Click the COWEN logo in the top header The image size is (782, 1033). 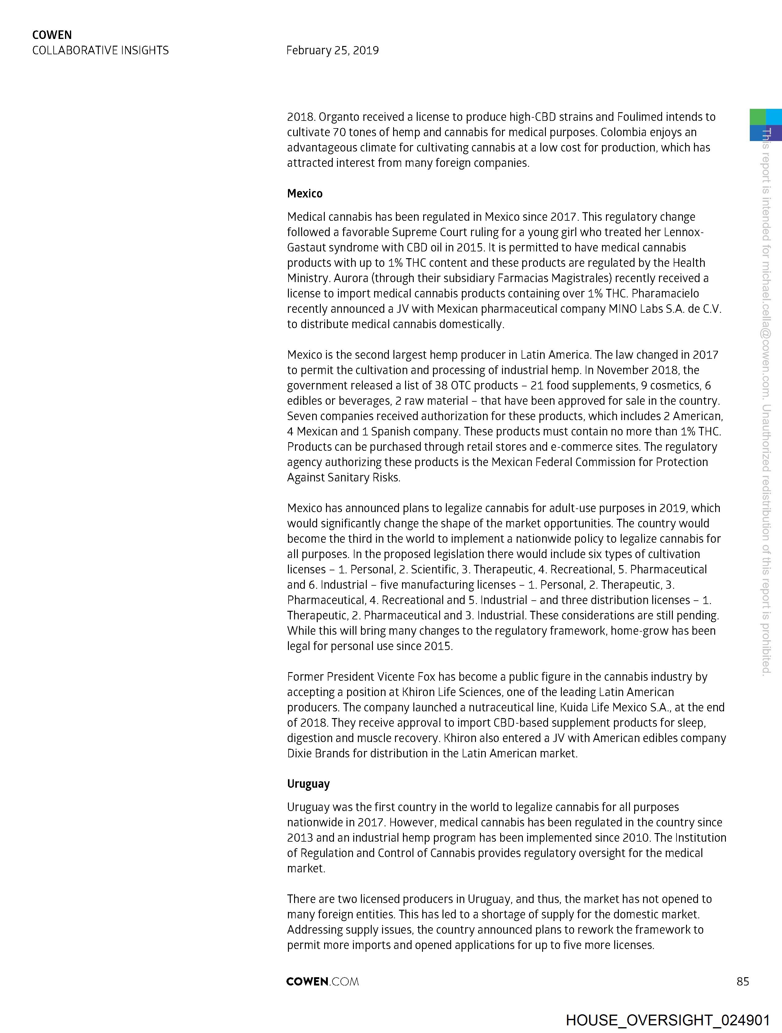coord(52,35)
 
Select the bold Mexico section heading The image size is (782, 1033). coord(305,194)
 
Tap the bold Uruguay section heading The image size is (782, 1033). coord(308,784)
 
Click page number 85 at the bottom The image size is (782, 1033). coord(742,981)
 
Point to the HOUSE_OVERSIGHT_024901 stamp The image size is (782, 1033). coord(668,1020)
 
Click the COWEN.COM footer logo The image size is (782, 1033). coord(322,981)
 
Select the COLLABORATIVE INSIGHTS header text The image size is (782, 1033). coord(101,50)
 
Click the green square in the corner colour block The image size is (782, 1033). coord(758,117)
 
